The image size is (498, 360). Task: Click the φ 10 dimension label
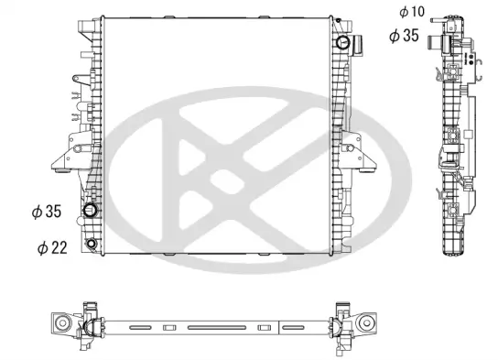click(411, 12)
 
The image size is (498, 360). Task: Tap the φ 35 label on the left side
click(45, 211)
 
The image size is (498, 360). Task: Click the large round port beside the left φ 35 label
click(91, 212)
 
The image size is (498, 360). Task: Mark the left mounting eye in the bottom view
click(61, 323)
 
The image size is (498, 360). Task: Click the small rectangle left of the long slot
click(169, 327)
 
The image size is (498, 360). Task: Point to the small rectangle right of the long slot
click(264, 327)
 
